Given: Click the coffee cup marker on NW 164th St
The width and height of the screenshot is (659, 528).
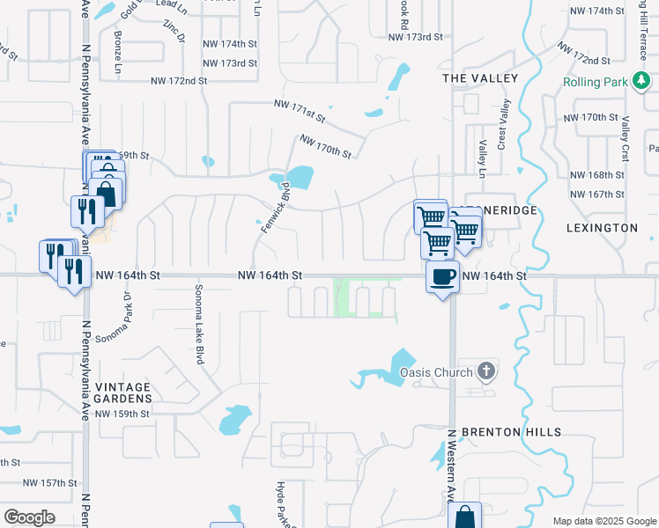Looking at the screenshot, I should point(442,276).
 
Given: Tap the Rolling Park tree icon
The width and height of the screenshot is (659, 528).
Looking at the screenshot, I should point(642,83).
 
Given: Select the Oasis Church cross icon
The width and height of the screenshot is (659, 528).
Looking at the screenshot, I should point(486,371).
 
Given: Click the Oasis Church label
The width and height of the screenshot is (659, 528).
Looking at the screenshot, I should point(436,372).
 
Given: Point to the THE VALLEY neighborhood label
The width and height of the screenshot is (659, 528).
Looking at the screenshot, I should point(480,79).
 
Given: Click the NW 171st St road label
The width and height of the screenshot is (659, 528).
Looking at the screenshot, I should point(300,110).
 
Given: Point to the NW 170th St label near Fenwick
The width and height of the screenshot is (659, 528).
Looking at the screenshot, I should point(325,146).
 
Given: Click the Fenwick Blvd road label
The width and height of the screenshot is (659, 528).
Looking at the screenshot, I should point(275,209).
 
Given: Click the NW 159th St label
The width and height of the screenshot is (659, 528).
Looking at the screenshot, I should point(122,414).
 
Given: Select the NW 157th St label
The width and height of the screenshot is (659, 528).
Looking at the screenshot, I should point(50,483).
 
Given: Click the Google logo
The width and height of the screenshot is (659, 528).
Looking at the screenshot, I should point(29,517).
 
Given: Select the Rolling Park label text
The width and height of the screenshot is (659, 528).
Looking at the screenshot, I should point(596,83).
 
